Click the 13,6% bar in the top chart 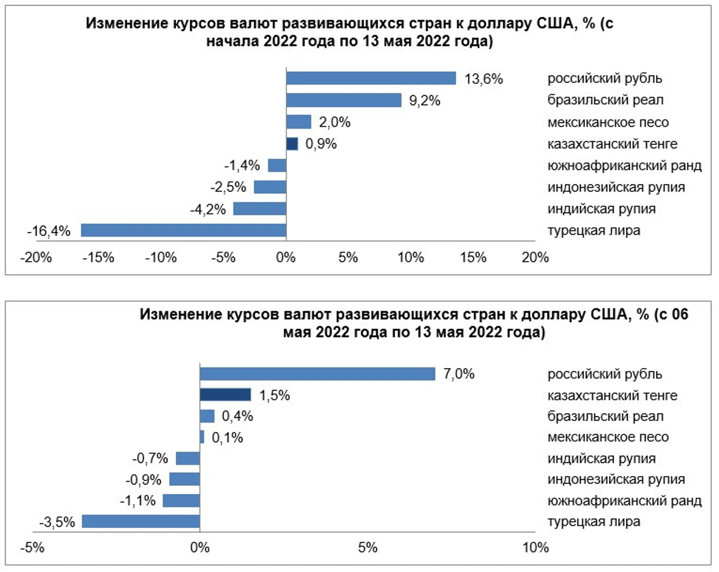(371, 78)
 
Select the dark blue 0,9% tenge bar (292, 144)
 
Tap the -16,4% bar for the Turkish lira (183, 230)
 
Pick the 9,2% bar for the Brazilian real (344, 100)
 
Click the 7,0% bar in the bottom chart (318, 374)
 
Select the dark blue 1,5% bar (225, 395)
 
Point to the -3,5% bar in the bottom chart (141, 521)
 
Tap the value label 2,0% (335, 122)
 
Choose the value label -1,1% (138, 501)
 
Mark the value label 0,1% (227, 438)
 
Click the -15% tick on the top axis (99, 257)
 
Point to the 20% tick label (535, 257)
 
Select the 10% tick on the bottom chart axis (535, 548)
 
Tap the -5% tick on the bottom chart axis (32, 548)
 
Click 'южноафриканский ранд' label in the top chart (624, 166)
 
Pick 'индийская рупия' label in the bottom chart (601, 459)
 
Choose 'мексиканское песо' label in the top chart (608, 122)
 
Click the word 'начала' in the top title (232, 41)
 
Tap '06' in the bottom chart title (680, 314)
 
